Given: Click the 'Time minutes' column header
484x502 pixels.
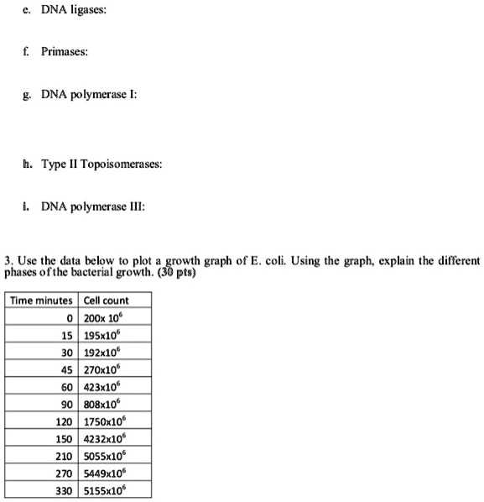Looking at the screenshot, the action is pos(42,301).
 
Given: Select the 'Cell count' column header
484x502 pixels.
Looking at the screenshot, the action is pos(105,301).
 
